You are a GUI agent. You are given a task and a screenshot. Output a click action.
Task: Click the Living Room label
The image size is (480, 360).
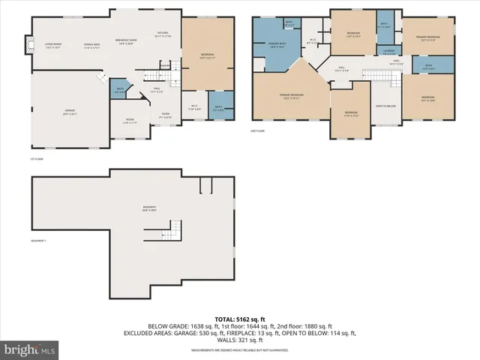coord(52,44)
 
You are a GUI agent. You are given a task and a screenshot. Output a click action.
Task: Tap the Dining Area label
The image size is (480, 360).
coord(92,45)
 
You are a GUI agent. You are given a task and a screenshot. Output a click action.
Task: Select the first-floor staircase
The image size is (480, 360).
coord(155,73)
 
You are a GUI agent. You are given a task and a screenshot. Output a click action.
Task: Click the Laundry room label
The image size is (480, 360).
coord(388,52)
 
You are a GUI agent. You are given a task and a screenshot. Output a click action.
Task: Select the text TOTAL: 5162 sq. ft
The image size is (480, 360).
coord(240,319)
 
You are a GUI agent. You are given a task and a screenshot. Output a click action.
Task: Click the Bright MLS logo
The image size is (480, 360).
coord(30,349)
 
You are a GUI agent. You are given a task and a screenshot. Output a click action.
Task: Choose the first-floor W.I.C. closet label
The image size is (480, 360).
coord(192,106)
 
